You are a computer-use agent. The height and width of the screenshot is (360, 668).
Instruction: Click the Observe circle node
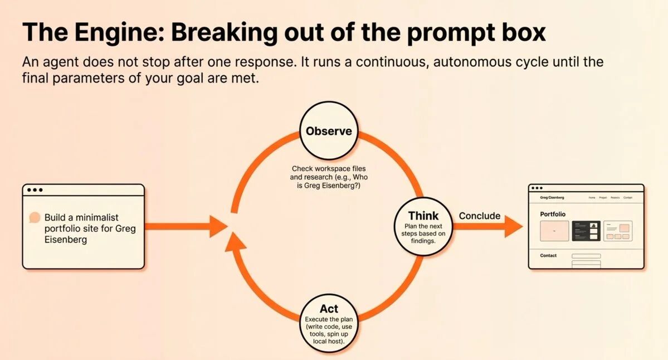(x=329, y=132)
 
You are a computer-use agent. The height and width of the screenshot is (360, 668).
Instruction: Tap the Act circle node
(x=329, y=322)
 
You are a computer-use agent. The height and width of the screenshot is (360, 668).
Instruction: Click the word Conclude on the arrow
(x=480, y=216)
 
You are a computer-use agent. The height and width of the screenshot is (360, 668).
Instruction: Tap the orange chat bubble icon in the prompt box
(x=35, y=218)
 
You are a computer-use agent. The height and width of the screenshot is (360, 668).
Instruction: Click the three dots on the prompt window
(x=35, y=190)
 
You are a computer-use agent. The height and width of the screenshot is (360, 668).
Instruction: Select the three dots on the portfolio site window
(x=537, y=188)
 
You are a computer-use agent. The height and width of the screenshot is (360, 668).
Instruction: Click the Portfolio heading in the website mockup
(x=553, y=214)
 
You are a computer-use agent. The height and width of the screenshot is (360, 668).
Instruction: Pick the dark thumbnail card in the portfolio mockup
(x=586, y=230)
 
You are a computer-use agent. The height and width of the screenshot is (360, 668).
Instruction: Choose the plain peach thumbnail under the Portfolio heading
(x=554, y=231)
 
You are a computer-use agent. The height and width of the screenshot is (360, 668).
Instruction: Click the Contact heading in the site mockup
(x=548, y=256)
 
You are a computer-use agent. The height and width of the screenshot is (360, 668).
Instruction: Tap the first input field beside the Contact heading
(x=586, y=256)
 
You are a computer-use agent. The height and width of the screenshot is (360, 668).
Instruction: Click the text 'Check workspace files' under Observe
(x=329, y=168)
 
